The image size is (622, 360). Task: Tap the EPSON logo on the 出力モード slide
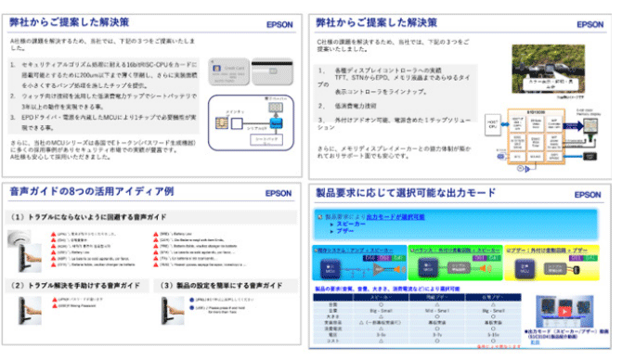tap(587, 194)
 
